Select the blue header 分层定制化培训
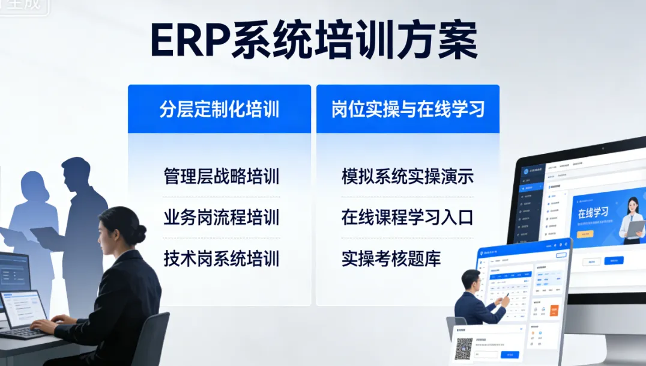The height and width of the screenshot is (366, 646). pos(219,109)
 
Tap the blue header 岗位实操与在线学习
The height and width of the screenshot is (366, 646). pos(408,109)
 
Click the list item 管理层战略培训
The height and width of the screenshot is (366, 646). pos(221,177)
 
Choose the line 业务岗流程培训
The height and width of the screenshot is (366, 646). pos(221,218)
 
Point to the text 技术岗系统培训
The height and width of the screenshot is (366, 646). pos(221,258)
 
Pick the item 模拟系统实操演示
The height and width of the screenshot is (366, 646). pos(408,177)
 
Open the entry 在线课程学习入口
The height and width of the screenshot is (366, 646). pos(408,218)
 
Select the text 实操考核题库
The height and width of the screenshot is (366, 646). pos(391,258)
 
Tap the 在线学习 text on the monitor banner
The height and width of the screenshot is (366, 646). pos(593,213)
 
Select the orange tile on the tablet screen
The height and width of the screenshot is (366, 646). pos(554,311)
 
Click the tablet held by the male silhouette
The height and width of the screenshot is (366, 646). pos(47,236)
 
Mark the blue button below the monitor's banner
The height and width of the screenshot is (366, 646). pos(613,260)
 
